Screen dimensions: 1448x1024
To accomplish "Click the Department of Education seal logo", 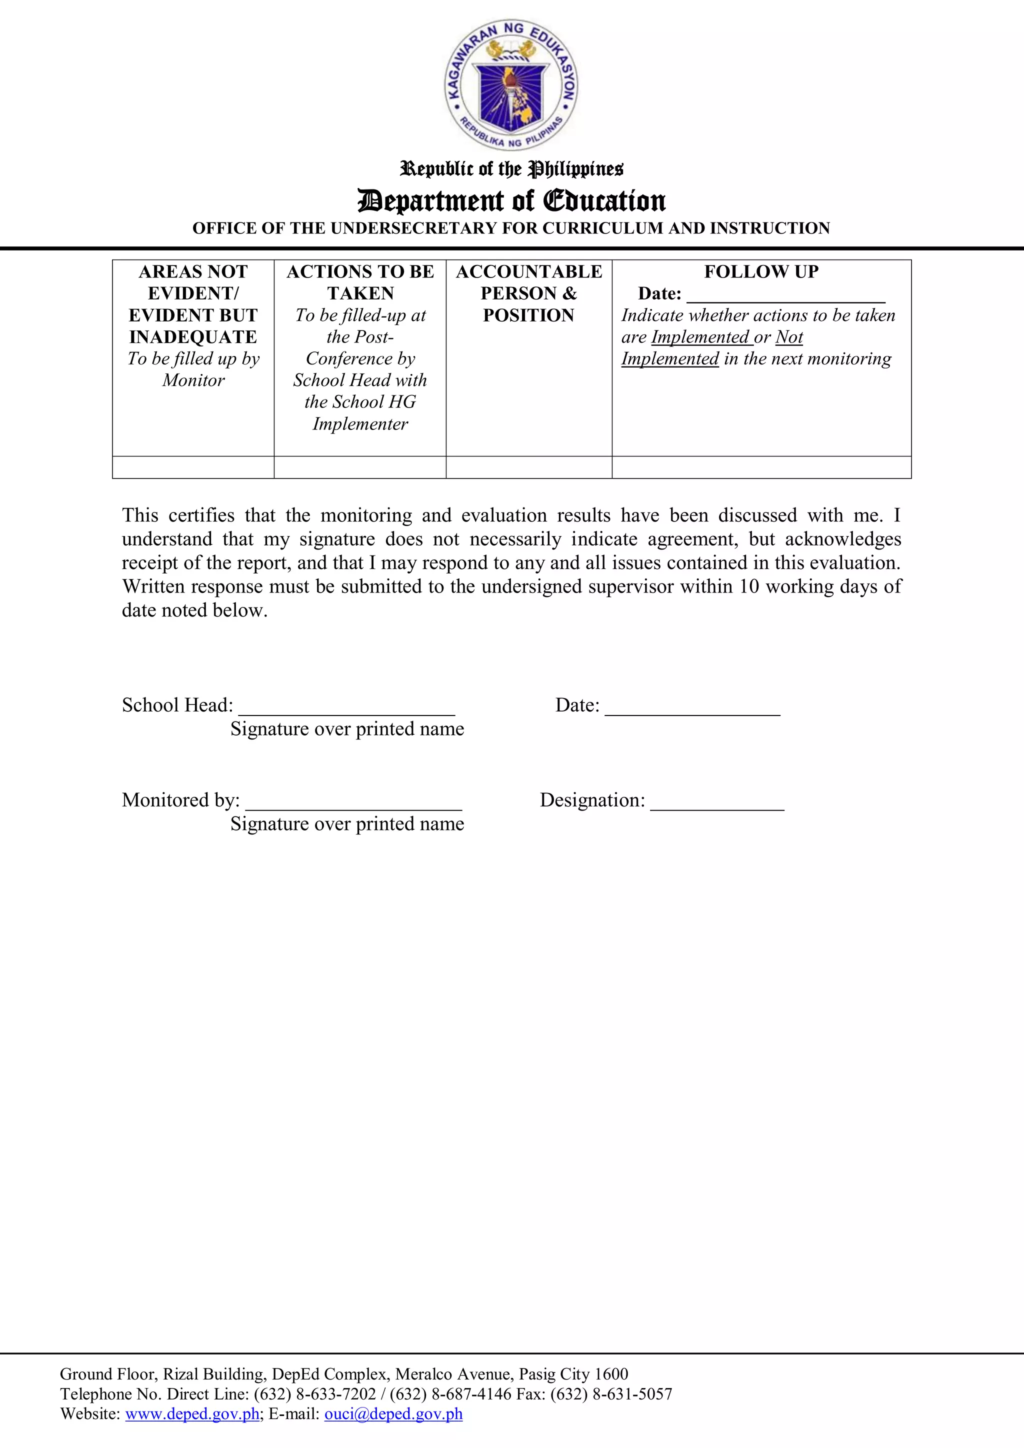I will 511,84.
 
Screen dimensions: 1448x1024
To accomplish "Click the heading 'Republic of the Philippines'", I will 511,169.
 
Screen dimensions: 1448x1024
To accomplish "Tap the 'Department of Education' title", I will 511,200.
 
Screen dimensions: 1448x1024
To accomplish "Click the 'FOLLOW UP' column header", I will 761,272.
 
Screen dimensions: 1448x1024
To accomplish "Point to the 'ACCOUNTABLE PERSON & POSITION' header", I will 528,293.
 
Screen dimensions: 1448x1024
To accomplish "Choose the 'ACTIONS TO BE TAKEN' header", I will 360,282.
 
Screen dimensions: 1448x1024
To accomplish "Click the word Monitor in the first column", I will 193,380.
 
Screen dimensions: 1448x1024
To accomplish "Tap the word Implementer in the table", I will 360,424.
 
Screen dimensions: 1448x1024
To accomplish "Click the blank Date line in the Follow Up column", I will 785,295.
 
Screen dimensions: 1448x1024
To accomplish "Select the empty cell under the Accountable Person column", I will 528,467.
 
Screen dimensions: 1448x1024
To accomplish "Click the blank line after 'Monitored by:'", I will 353,802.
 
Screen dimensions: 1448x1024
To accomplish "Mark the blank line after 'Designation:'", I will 717,802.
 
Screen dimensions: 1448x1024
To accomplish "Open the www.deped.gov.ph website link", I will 192,1414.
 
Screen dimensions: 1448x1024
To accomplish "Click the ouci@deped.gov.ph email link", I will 393,1414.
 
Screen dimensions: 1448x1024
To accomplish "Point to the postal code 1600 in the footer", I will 611,1374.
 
